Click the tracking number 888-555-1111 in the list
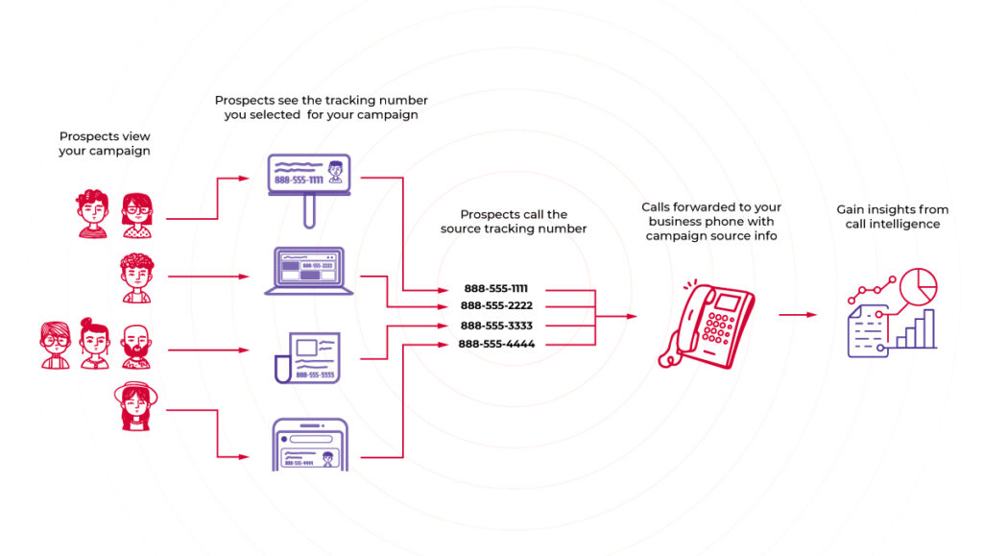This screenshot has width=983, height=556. click(x=496, y=288)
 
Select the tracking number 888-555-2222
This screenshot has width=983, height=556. click(x=496, y=306)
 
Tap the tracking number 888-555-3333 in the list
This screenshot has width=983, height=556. click(x=496, y=326)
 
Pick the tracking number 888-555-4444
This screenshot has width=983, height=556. click(x=496, y=344)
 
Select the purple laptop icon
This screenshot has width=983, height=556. click(x=309, y=272)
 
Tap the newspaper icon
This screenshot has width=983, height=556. click(x=309, y=357)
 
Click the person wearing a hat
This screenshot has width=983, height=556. click(x=134, y=407)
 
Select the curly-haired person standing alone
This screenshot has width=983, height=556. click(x=135, y=278)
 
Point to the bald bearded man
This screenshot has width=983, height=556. click(x=136, y=347)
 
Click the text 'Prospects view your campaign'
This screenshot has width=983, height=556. click(x=105, y=144)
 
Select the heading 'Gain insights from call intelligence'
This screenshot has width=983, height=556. click(x=892, y=216)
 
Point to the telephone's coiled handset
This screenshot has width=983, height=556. click(x=672, y=335)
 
